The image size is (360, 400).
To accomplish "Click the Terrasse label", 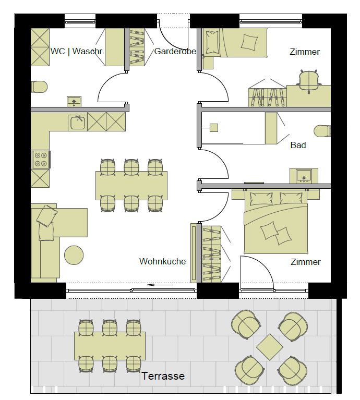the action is tap(163, 376).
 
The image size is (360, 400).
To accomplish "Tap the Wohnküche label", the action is tap(163, 261).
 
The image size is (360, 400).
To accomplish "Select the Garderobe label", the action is tap(175, 51).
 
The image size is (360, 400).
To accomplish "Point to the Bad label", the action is tap(298, 145).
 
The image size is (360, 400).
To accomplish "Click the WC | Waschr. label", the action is tap(77, 51).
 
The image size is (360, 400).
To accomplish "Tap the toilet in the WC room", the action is tap(39, 87).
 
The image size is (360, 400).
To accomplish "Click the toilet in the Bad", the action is tap(322, 131).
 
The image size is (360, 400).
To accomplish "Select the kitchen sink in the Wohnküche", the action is tap(78, 123).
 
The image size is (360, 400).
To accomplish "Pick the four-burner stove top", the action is tap(41, 160).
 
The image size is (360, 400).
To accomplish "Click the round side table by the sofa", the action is tap(74, 255).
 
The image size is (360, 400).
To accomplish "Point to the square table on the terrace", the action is tap(270, 347).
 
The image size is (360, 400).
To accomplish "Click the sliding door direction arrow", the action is tap(160, 285).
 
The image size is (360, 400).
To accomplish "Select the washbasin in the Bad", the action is tap(304, 176).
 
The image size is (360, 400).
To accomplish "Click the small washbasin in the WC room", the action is tap(74, 102).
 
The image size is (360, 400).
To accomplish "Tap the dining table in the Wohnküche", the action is tap(131, 186).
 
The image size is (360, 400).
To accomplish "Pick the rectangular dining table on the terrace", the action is tap(110, 346).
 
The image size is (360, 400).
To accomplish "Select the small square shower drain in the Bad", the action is tap(214, 128).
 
